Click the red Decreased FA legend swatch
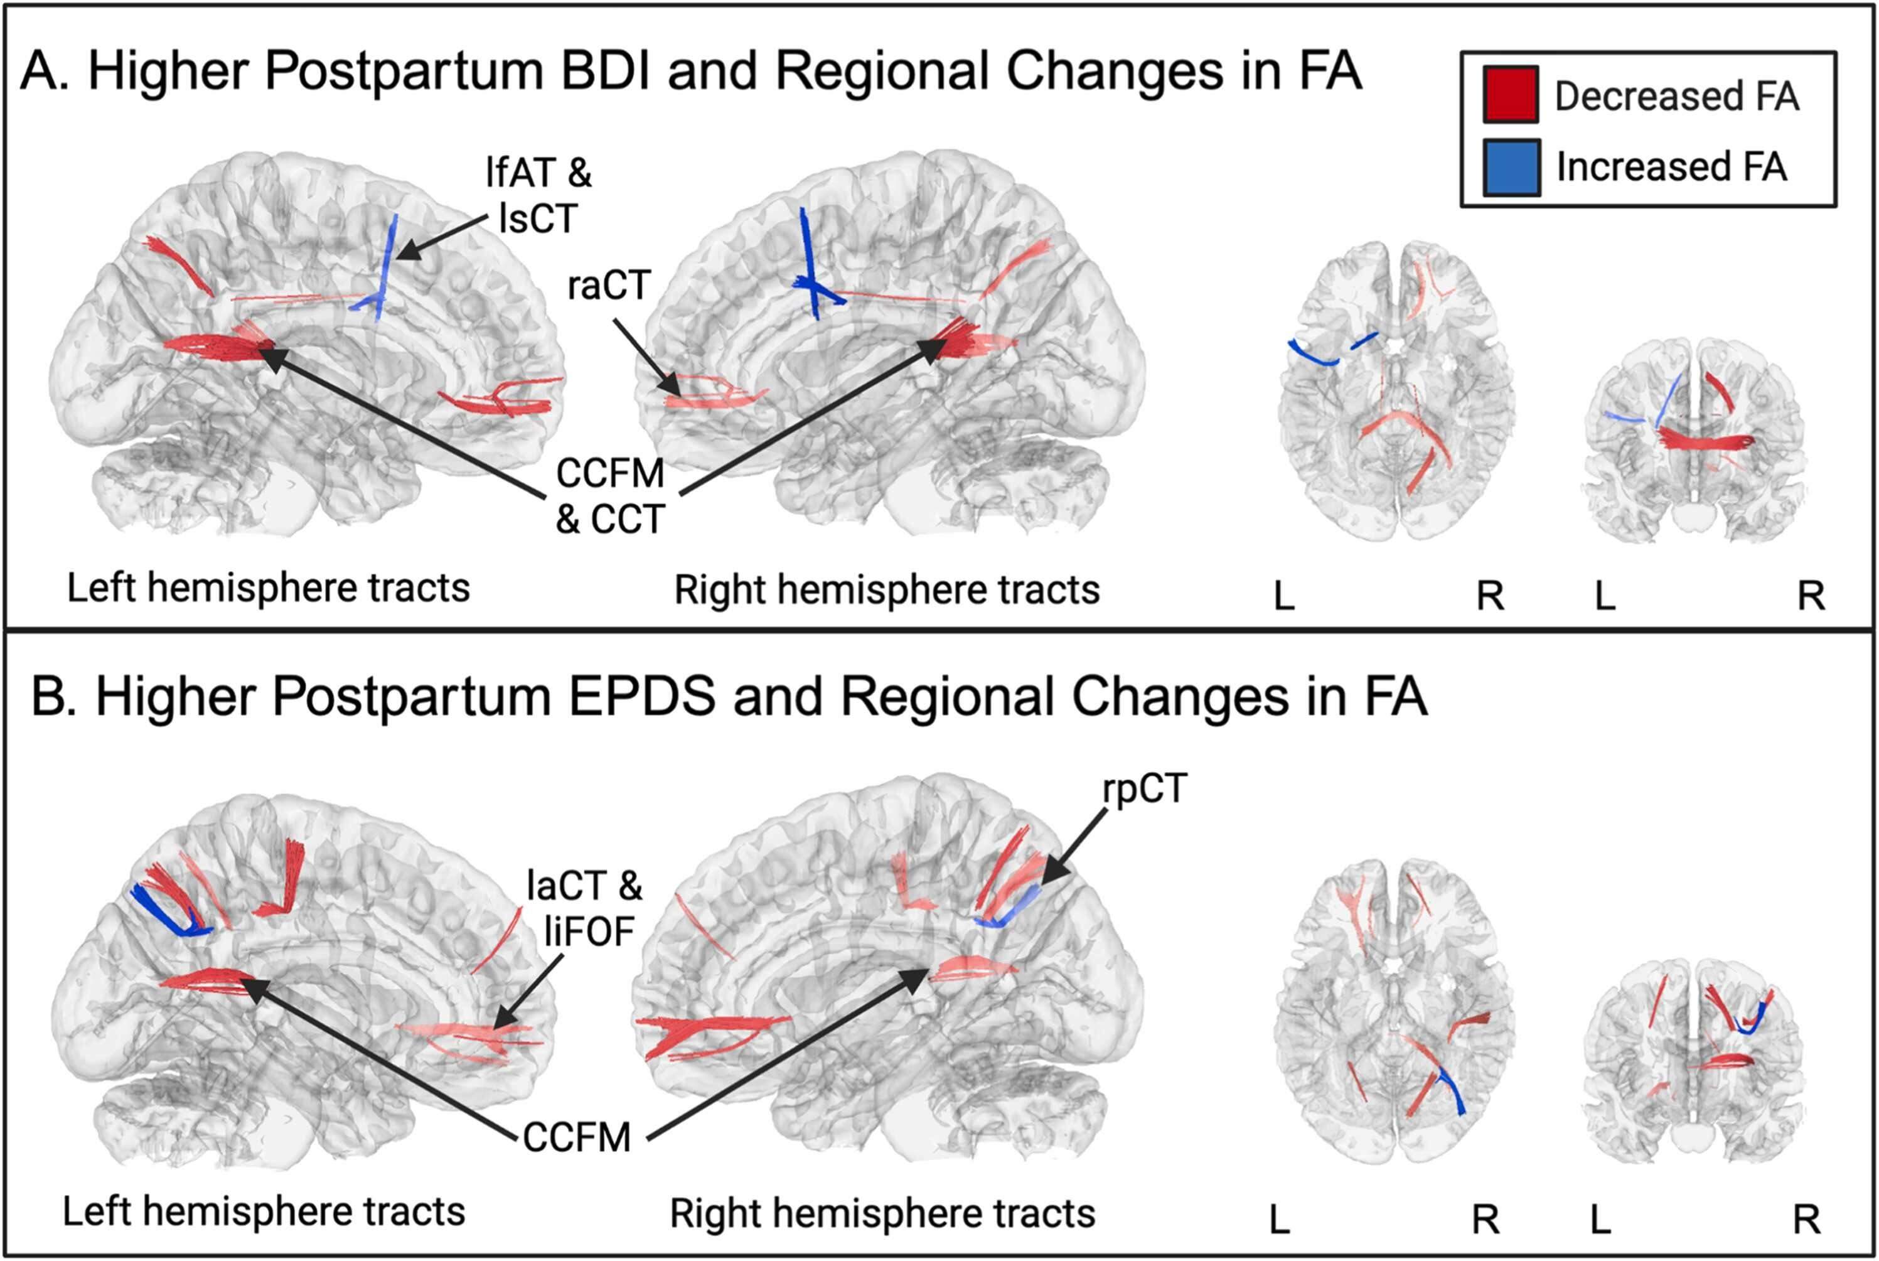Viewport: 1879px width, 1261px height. tap(1510, 94)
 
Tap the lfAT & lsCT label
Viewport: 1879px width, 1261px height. tap(538, 195)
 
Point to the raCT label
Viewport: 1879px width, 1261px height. tap(608, 286)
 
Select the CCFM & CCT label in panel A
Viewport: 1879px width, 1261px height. tap(609, 495)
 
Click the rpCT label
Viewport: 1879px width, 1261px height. tap(1144, 789)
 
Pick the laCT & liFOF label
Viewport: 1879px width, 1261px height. tap(584, 909)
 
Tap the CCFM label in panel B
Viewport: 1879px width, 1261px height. tap(577, 1138)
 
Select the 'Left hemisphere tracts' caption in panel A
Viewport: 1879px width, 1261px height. tap(268, 588)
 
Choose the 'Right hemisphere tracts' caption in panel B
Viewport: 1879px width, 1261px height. tap(882, 1213)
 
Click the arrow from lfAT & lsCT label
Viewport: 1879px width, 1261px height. tap(442, 237)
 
